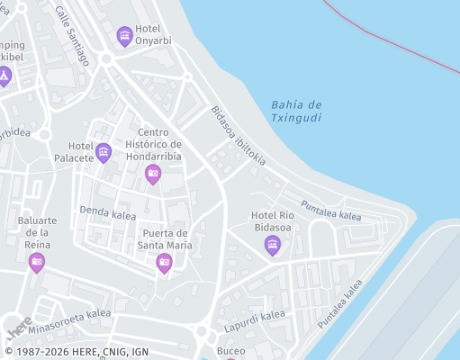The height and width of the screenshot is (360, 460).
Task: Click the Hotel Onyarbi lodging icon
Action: click(125, 37)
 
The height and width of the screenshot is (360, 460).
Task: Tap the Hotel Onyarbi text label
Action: click(153, 34)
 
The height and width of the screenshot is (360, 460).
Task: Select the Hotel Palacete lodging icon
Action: click(104, 153)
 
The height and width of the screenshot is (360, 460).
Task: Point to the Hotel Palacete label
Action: click(81, 152)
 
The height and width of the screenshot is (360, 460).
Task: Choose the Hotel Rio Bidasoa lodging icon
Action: click(273, 245)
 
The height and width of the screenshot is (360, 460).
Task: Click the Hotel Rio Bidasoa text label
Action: click(273, 220)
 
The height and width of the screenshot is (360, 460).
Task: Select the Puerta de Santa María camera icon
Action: click(164, 263)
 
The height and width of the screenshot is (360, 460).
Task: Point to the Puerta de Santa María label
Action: click(167, 238)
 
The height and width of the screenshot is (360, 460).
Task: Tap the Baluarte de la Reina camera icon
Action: click(37, 262)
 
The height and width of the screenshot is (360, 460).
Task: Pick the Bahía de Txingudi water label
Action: click(296, 112)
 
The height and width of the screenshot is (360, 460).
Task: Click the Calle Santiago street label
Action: click(72, 36)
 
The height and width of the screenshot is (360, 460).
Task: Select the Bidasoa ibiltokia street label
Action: click(238, 136)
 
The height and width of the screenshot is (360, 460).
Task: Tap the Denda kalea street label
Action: click(107, 213)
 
